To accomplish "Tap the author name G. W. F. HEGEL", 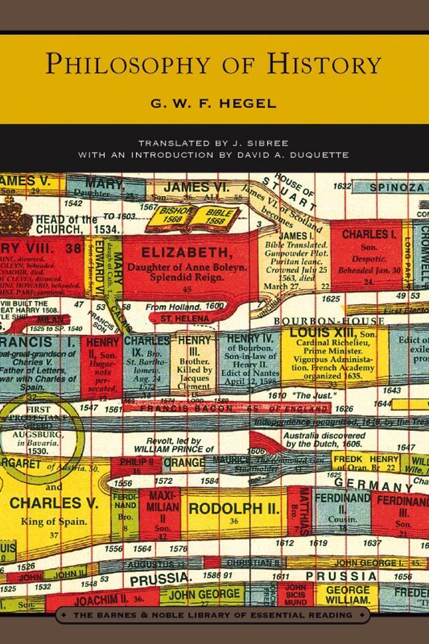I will pos(214,104).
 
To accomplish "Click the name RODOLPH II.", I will pos(234,509).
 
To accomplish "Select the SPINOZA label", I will pos(398,187).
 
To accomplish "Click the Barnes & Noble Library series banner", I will pos(214,615).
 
